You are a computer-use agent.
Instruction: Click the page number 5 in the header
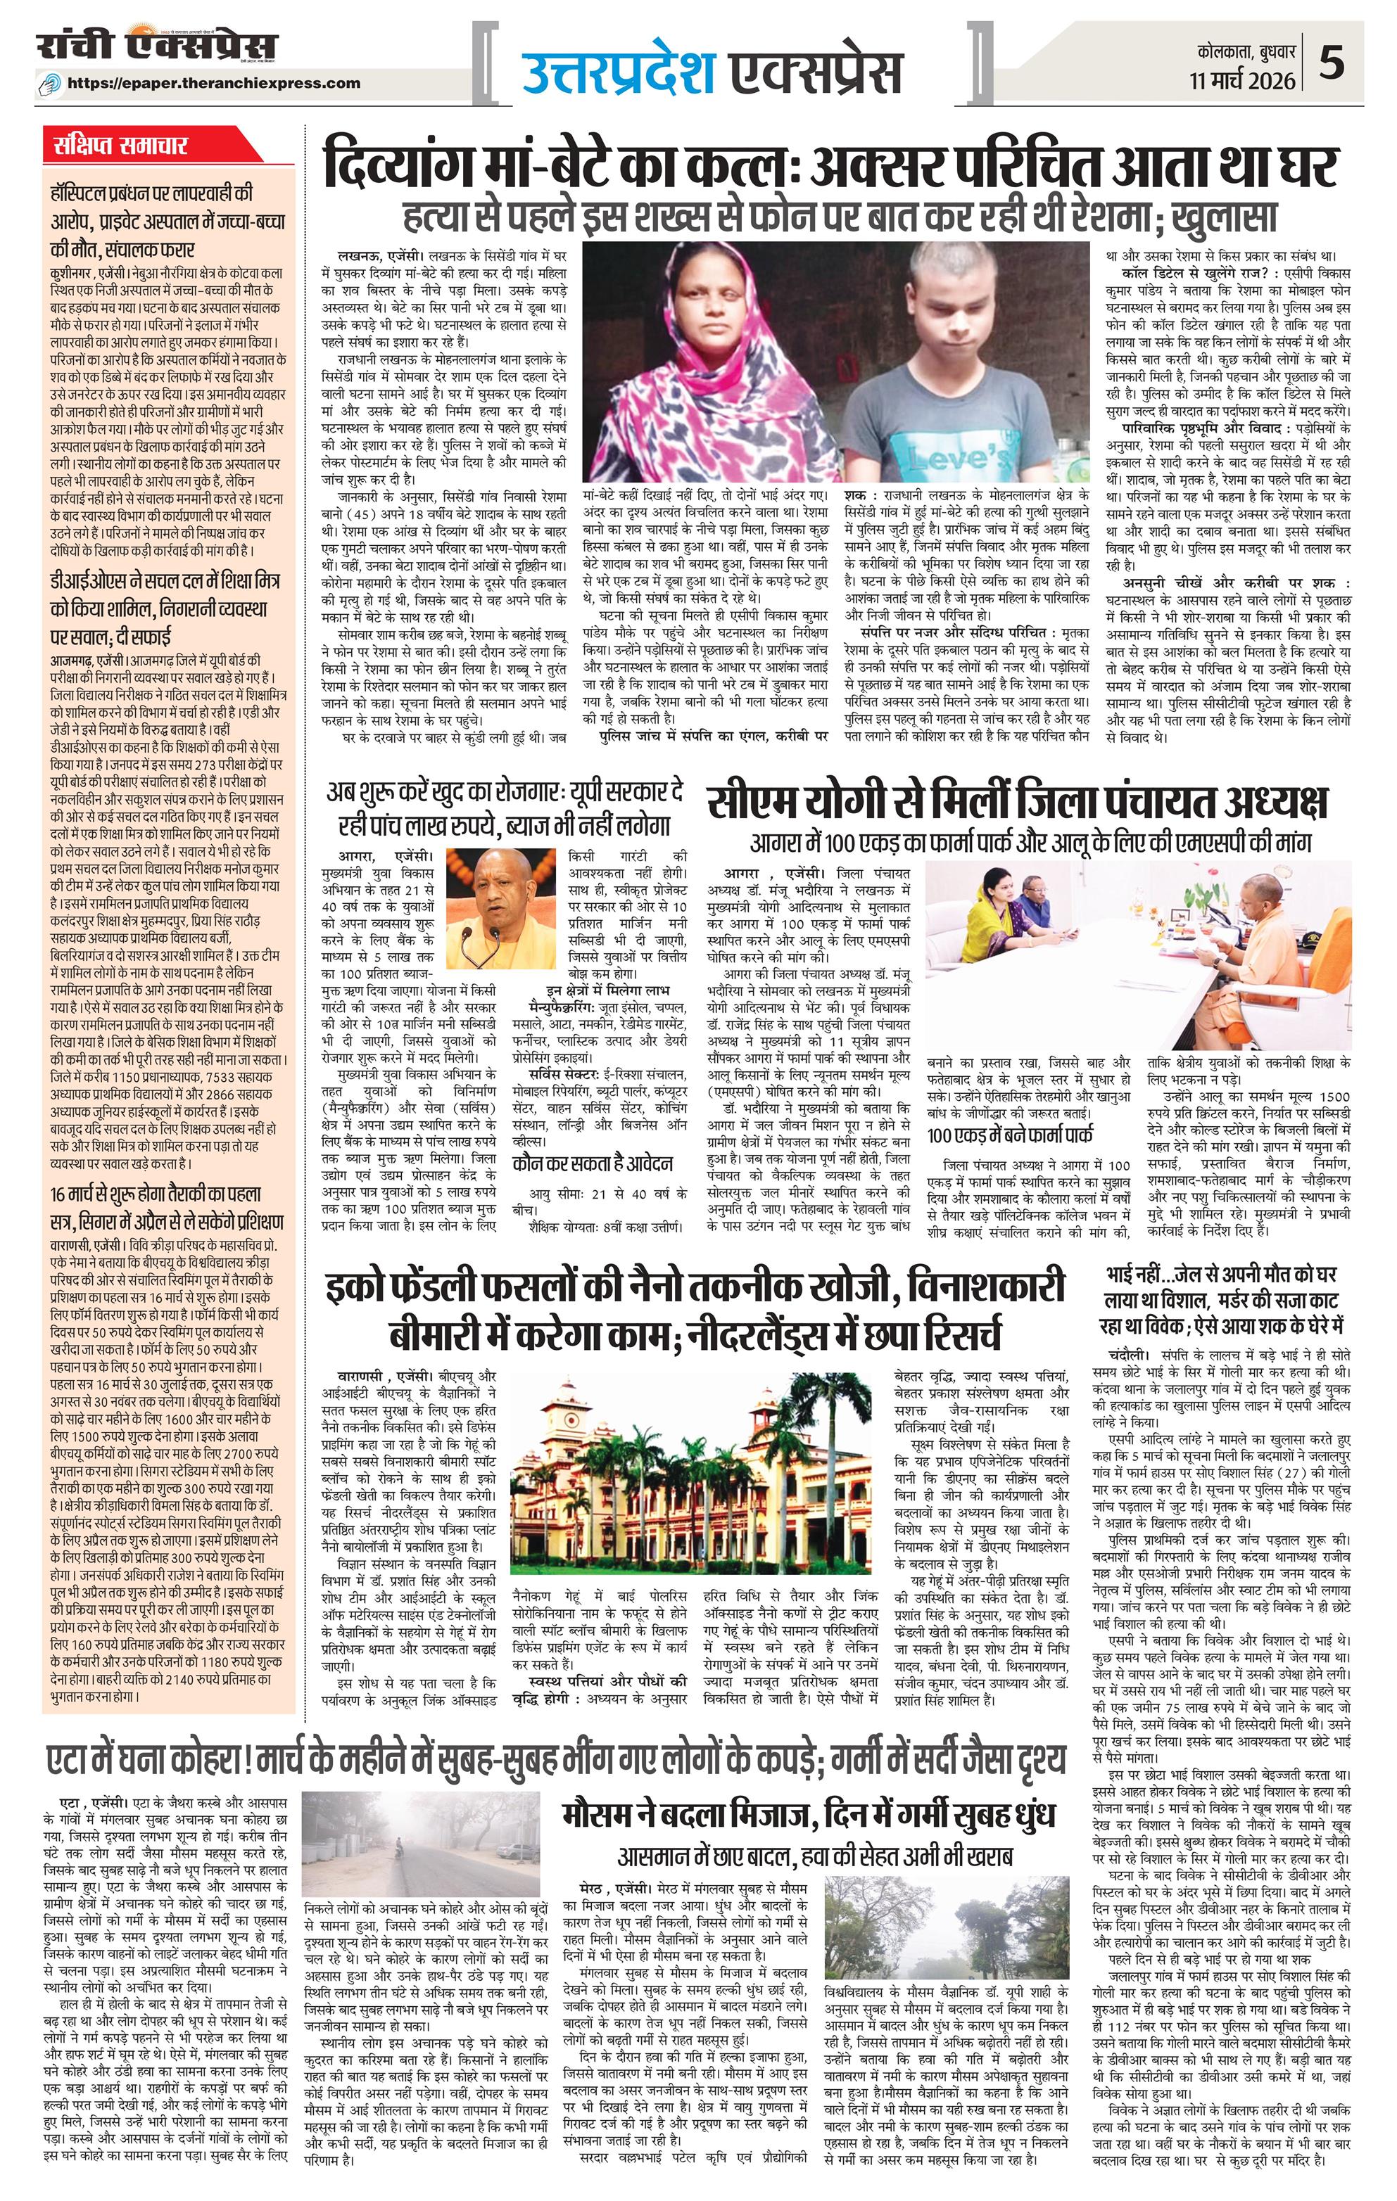click(1358, 66)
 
